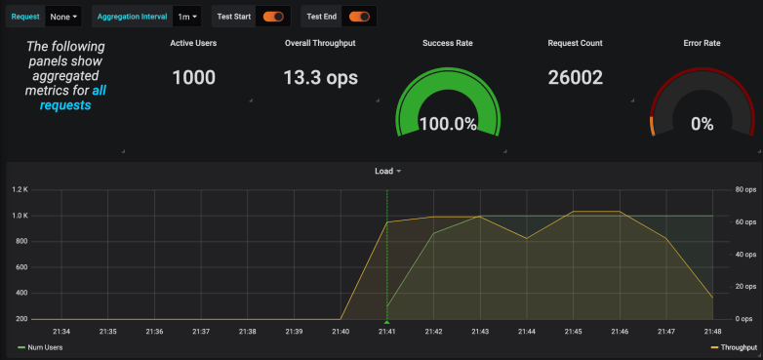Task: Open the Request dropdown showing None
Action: (64, 17)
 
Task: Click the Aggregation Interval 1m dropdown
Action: (187, 17)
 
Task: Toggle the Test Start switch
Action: (273, 17)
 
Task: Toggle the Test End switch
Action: (359, 17)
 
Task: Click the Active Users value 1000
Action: (193, 78)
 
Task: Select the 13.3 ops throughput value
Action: (320, 78)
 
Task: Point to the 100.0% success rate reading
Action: (448, 124)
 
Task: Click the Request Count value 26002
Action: (576, 78)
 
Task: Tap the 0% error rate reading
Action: (703, 124)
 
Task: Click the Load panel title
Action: (384, 171)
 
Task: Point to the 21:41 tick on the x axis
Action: (387, 332)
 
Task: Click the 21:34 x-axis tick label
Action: (61, 332)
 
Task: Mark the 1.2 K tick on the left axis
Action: (20, 189)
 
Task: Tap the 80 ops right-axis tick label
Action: (745, 189)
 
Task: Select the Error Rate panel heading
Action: (703, 43)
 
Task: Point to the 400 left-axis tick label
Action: (21, 293)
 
